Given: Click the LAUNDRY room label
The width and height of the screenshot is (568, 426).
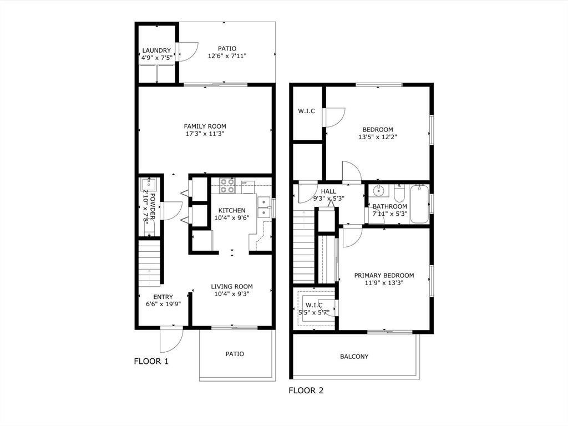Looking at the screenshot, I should (x=156, y=50).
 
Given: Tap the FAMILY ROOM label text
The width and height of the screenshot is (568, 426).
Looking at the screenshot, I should (x=205, y=126).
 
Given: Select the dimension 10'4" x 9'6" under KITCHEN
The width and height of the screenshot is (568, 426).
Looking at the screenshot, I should (x=231, y=217).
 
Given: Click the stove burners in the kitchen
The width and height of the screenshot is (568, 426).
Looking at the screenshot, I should (x=227, y=185).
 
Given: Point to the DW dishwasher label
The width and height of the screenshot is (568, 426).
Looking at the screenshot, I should (x=244, y=182).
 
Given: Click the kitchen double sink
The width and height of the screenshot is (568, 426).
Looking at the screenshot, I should (x=263, y=207).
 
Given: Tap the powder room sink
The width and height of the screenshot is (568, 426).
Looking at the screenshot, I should (x=149, y=185).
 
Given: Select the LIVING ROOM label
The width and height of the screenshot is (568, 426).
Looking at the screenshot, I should (x=231, y=286).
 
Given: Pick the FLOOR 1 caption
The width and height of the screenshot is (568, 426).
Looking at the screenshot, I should (x=151, y=361).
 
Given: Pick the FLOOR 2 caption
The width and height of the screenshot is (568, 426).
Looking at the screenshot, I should (x=306, y=390).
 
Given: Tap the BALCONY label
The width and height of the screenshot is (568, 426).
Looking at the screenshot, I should (x=354, y=357).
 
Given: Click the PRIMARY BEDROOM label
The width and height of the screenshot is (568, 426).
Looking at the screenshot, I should (x=384, y=275).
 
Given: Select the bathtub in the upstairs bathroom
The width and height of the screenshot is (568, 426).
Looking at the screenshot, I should (x=420, y=204).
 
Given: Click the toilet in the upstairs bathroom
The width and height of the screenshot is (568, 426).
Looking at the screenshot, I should (x=399, y=194).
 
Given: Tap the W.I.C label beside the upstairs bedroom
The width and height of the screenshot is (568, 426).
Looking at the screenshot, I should (x=306, y=111).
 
